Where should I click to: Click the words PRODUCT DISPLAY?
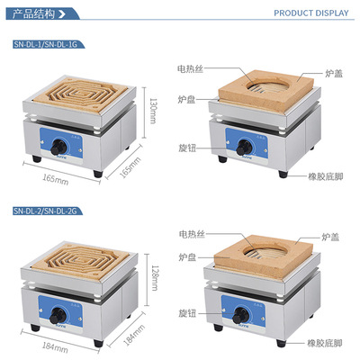click(x=310, y=13)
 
